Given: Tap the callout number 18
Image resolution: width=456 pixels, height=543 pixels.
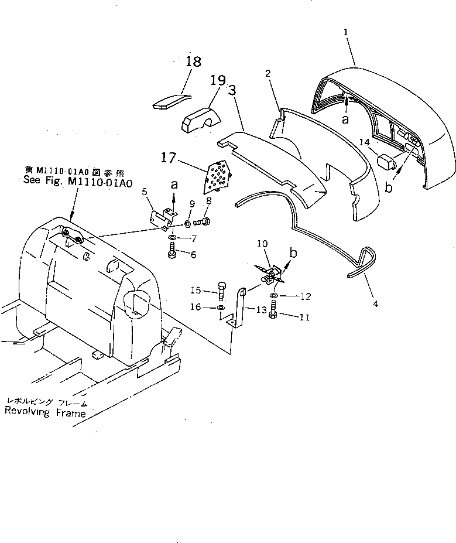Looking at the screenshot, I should tap(194, 62).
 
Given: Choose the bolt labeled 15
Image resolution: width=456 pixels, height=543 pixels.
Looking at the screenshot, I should tap(221, 291).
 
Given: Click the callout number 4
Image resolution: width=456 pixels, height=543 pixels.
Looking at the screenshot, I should tap(375, 304).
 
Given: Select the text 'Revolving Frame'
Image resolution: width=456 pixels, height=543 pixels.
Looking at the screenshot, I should tap(45, 413).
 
